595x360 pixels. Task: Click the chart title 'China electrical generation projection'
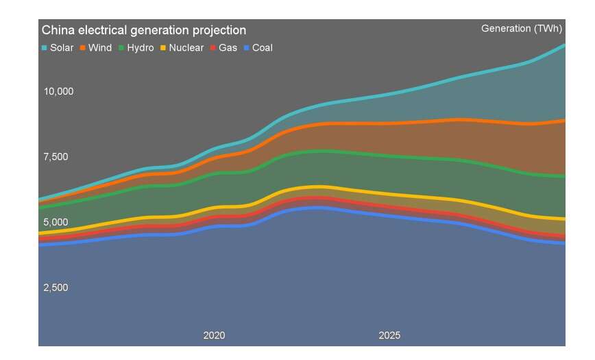(144, 30)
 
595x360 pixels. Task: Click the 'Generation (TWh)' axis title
(522, 29)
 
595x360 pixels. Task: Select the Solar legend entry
(58, 48)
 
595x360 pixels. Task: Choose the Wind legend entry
(97, 48)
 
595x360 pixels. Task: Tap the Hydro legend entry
(136, 48)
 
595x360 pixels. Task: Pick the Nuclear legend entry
(181, 48)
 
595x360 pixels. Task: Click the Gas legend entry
(223, 48)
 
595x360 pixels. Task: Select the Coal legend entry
(257, 48)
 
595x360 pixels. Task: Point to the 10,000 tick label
(58, 92)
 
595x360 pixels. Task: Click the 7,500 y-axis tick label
(56, 157)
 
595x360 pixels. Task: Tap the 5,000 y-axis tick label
(56, 222)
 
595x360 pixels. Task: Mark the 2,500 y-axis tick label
(56, 287)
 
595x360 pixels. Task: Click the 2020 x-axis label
(214, 335)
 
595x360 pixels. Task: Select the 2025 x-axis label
(389, 335)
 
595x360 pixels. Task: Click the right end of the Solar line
(564, 45)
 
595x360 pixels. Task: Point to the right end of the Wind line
(564, 121)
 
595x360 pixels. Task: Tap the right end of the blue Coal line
(564, 243)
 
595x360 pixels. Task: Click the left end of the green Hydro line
(40, 206)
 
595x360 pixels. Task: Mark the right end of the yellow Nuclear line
(564, 219)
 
